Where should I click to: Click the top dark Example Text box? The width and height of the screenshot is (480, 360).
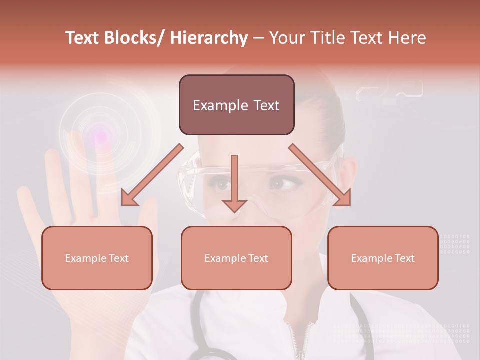(x=236, y=105)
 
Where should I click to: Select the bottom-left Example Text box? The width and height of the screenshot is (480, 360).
(x=97, y=258)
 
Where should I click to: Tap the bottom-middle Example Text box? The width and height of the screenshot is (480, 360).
(x=236, y=258)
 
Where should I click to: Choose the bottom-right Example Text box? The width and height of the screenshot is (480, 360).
(x=383, y=258)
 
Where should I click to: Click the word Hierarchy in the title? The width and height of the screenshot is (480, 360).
(x=208, y=38)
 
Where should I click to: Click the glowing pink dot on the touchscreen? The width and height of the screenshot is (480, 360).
(x=101, y=135)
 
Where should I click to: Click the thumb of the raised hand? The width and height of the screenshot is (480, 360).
(x=147, y=225)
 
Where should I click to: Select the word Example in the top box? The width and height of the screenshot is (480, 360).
(x=213, y=105)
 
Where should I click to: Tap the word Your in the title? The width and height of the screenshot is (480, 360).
(x=287, y=38)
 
